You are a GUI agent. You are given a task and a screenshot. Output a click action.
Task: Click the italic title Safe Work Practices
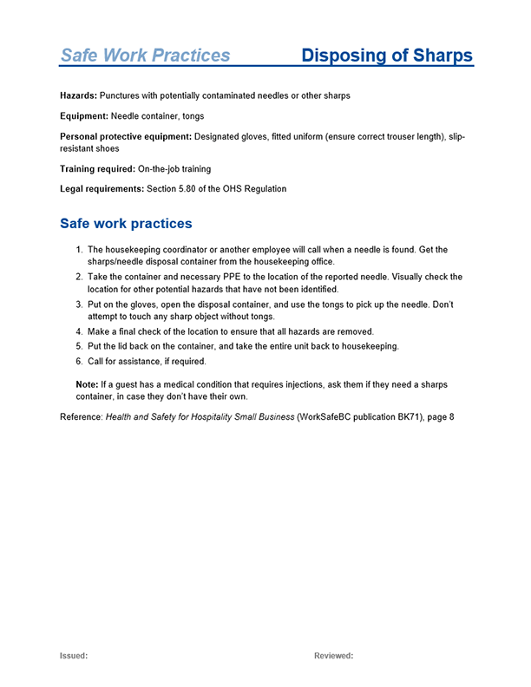click(x=145, y=56)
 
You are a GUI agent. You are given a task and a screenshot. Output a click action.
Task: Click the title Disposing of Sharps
click(x=387, y=56)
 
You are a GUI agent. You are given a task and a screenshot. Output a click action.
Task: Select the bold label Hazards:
click(x=78, y=95)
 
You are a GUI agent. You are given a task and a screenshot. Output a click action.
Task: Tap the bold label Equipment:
click(x=84, y=115)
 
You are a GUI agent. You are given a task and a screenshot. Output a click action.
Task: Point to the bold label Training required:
click(x=97, y=168)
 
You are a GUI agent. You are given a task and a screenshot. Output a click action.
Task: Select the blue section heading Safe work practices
click(x=126, y=224)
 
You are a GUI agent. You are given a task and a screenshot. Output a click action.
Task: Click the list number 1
click(x=79, y=250)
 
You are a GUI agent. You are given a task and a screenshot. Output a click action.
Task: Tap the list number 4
click(x=79, y=332)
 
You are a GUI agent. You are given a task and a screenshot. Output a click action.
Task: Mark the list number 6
click(x=79, y=361)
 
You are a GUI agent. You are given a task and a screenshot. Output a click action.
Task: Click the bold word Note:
click(x=89, y=383)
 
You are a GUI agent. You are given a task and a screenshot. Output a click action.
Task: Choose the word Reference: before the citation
click(x=82, y=417)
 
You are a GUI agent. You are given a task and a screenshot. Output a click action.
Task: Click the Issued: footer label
click(x=74, y=656)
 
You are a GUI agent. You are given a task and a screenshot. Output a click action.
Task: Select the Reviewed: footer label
click(x=333, y=656)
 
